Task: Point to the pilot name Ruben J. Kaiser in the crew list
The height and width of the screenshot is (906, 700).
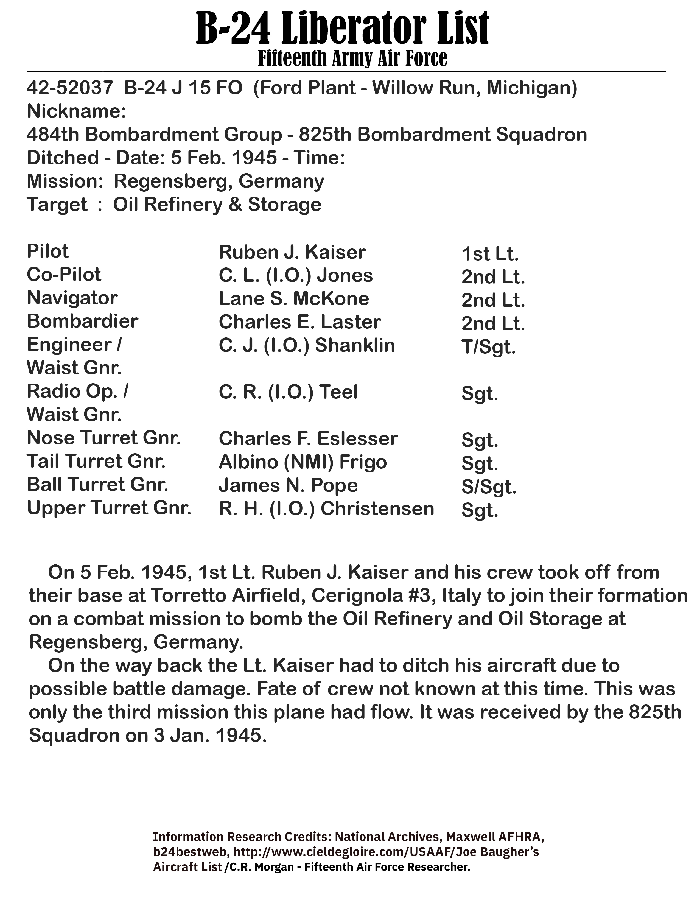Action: (x=292, y=252)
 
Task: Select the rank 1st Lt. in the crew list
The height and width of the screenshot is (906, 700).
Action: (x=490, y=254)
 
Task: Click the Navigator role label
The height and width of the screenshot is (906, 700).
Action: (x=72, y=298)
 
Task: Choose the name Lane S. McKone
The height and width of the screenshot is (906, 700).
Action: (x=294, y=299)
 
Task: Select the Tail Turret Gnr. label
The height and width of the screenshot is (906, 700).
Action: (x=96, y=461)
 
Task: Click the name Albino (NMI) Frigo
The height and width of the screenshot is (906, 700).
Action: (x=303, y=462)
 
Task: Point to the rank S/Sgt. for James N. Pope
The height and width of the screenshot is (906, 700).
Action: (x=489, y=487)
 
